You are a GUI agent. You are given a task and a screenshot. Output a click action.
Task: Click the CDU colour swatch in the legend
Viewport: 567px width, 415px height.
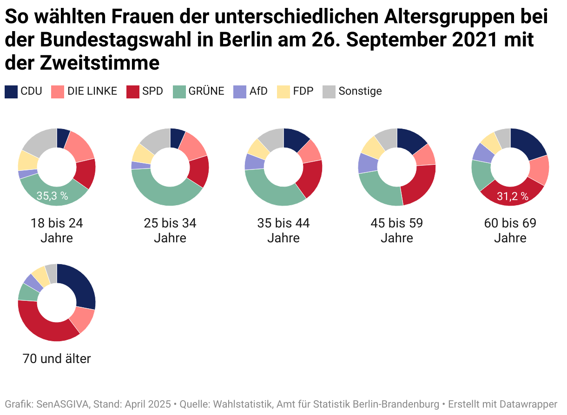click(x=11, y=91)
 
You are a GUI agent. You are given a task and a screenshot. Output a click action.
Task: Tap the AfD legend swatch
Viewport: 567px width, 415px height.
click(x=240, y=91)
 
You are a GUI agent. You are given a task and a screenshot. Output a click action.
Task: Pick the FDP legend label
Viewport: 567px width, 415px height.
click(x=303, y=91)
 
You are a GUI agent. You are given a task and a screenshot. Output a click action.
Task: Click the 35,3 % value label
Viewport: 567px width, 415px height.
click(x=53, y=196)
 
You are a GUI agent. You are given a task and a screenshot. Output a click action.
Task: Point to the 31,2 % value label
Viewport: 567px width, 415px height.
click(x=513, y=196)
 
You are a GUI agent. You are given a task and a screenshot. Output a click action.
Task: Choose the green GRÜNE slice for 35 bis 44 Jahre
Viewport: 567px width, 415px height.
click(x=270, y=190)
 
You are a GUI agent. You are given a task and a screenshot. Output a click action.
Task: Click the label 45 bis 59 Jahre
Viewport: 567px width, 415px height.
click(x=397, y=231)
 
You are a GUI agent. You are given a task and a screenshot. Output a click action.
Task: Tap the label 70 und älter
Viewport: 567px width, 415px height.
click(x=57, y=359)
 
